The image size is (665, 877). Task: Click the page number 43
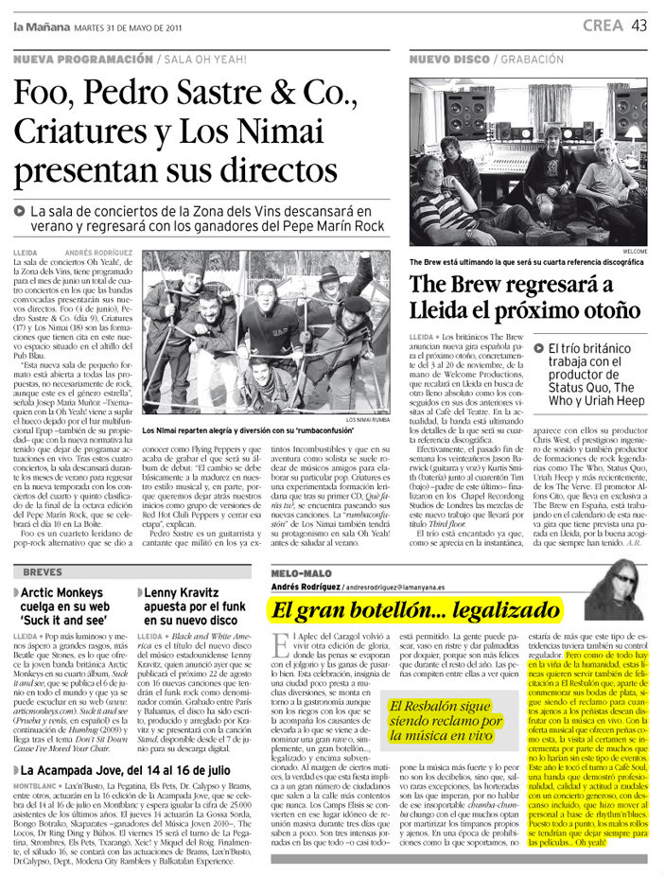639,26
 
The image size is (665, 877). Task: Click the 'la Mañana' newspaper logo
36,26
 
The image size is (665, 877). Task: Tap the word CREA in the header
603,26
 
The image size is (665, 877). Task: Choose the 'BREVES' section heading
43,571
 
